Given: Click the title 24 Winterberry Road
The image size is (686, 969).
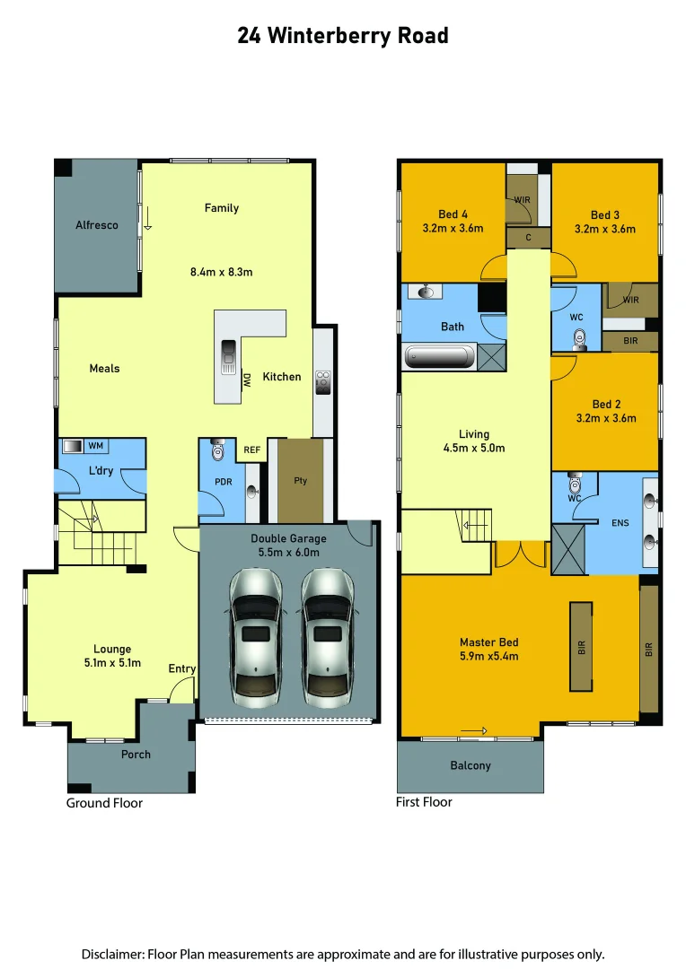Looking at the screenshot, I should click(342, 36).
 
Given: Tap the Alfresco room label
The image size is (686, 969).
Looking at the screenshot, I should click(97, 225).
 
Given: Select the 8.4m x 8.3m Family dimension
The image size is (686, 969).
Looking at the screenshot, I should click(221, 272).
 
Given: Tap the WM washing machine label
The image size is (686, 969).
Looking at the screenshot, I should click(95, 446).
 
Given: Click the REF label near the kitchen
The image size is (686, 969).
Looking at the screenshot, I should click(252, 450).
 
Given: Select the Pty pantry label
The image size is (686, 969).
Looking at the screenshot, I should click(301, 481).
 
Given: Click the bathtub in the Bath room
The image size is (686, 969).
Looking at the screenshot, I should click(440, 356).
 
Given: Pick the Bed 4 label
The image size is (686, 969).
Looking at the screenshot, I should click(453, 214).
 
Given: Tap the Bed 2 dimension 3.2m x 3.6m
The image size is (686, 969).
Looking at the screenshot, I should click(605, 418).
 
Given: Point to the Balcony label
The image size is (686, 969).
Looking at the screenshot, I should click(471, 765).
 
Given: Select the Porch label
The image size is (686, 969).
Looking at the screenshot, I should click(136, 755).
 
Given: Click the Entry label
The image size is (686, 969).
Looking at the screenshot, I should click(182, 669).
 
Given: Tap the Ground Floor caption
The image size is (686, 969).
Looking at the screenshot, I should click(104, 803).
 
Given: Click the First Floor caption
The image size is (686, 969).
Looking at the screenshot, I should click(424, 802).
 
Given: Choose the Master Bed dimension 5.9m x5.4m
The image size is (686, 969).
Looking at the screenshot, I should click(488, 656).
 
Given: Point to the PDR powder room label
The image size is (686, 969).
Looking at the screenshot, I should click(224, 481).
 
